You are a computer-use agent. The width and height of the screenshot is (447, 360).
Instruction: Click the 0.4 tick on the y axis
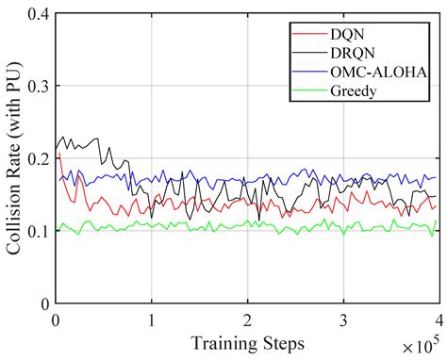pyautogui.click(x=38, y=13)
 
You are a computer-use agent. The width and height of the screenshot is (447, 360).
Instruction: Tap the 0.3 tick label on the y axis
pyautogui.click(x=38, y=86)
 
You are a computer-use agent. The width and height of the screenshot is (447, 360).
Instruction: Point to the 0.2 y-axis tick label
pyautogui.click(x=38, y=158)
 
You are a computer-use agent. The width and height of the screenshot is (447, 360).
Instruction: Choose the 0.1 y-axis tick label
pyautogui.click(x=38, y=231)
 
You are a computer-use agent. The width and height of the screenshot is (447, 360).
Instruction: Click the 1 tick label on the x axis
pyautogui.click(x=151, y=319)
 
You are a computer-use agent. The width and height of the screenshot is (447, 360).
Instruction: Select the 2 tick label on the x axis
pyautogui.click(x=246, y=319)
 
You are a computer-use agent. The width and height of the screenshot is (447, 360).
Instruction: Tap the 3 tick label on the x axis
pyautogui.click(x=342, y=319)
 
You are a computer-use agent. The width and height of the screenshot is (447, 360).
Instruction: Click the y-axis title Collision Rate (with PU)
pyautogui.click(x=13, y=158)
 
